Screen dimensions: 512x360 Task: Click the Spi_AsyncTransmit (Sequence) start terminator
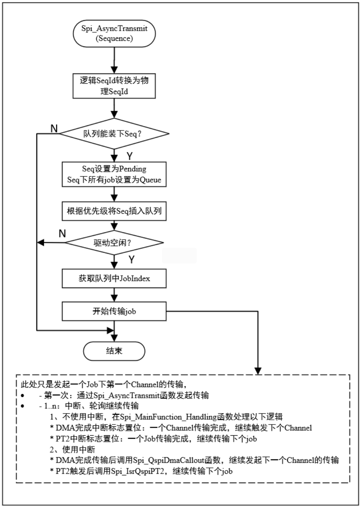[x=114, y=33]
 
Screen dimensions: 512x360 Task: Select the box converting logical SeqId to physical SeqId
[x=114, y=86]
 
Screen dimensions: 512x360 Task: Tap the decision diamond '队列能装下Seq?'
[x=114, y=134]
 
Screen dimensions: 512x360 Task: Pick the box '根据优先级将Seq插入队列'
[x=114, y=212]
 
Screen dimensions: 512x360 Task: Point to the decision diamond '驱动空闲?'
[x=114, y=243]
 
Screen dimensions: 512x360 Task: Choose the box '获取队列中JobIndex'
[x=114, y=278]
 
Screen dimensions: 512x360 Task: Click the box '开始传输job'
[x=114, y=311]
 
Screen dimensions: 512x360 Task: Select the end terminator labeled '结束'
[x=114, y=350]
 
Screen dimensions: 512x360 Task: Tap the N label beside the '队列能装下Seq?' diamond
[x=54, y=129]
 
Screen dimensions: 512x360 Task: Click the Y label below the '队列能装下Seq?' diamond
[x=129, y=156]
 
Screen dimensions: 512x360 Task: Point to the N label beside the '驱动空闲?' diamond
[x=62, y=233]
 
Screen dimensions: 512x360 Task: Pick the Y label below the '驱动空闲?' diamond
[x=131, y=259]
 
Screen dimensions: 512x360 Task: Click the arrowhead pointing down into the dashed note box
[x=258, y=371]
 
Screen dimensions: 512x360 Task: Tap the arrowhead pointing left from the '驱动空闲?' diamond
[x=40, y=243]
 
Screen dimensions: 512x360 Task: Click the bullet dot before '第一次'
[x=23, y=396]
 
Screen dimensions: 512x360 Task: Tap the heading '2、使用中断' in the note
[x=73, y=449]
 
